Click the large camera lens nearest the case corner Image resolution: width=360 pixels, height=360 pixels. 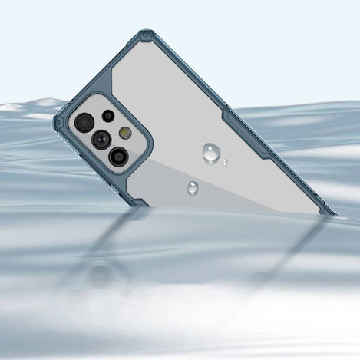[84, 122]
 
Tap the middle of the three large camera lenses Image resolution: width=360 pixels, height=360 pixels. [101, 139]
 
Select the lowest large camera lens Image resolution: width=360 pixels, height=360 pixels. [118, 157]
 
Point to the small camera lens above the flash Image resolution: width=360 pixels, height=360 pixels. [108, 116]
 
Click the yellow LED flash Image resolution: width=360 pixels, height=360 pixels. [125, 133]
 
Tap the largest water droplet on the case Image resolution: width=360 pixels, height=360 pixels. [210, 154]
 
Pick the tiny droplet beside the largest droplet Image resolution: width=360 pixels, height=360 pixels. [224, 163]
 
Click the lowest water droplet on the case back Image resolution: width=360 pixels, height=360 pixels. [192, 187]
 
